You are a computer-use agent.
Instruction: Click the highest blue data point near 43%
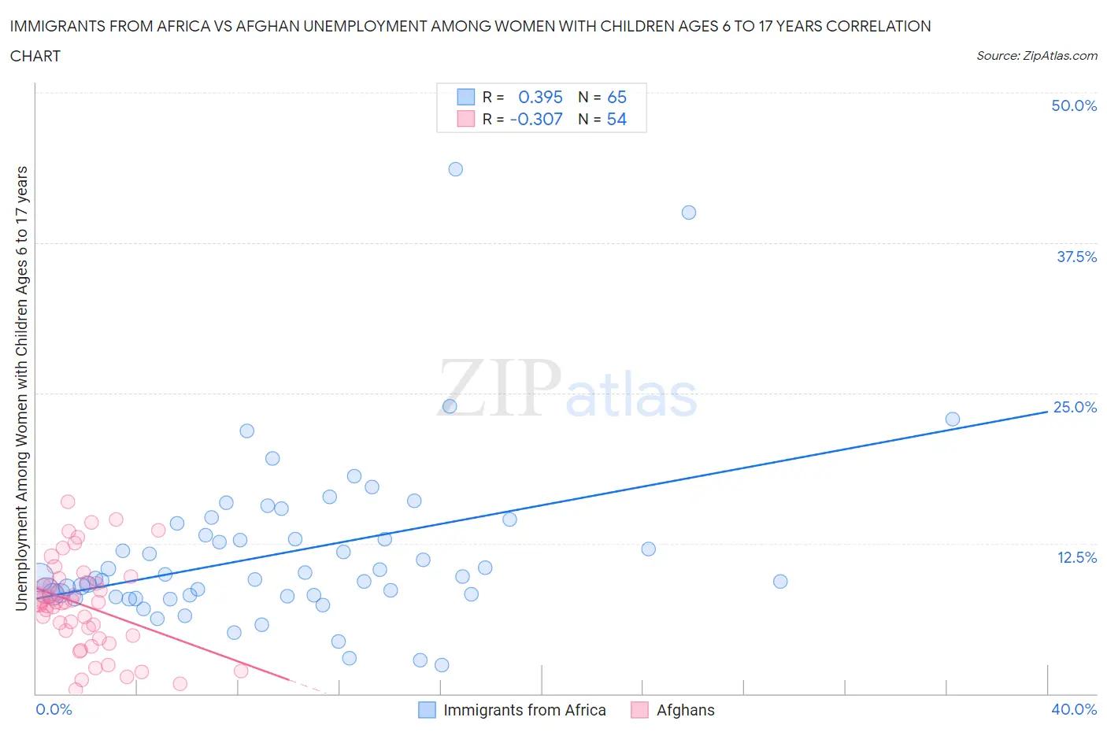pyautogui.click(x=455, y=169)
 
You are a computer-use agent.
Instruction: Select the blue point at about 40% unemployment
pyautogui.click(x=689, y=213)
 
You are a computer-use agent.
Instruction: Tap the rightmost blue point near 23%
pyautogui.click(x=953, y=420)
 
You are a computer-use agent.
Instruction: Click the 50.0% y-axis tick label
pyautogui.click(x=1074, y=105)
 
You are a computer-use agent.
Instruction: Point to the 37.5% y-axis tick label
pyautogui.click(x=1076, y=257)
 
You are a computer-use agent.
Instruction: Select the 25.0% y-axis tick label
pyautogui.click(x=1075, y=407)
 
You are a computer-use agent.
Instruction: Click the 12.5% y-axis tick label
pyautogui.click(x=1076, y=557)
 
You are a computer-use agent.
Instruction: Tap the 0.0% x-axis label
pyautogui.click(x=54, y=709)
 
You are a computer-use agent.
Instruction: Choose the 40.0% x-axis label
pyautogui.click(x=1074, y=709)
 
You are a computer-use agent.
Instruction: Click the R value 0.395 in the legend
pyautogui.click(x=540, y=97)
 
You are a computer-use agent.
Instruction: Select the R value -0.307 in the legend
pyautogui.click(x=536, y=119)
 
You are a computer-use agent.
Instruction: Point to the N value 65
pyautogui.click(x=616, y=97)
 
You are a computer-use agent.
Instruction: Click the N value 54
pyautogui.click(x=616, y=119)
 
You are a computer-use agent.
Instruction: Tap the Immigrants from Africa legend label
pyautogui.click(x=524, y=710)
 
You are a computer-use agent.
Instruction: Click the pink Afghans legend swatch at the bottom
pyautogui.click(x=639, y=710)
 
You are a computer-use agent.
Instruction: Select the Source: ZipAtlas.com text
pyautogui.click(x=1036, y=55)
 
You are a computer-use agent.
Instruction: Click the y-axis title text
pyautogui.click(x=21, y=389)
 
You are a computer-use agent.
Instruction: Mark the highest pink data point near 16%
pyautogui.click(x=68, y=502)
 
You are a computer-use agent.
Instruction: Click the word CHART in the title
pyautogui.click(x=35, y=56)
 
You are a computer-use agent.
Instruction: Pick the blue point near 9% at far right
pyautogui.click(x=780, y=582)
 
